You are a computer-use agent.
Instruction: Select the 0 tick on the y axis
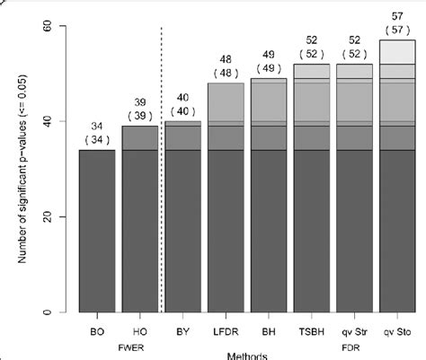(58, 312)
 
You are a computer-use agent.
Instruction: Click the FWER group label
(120, 343)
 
